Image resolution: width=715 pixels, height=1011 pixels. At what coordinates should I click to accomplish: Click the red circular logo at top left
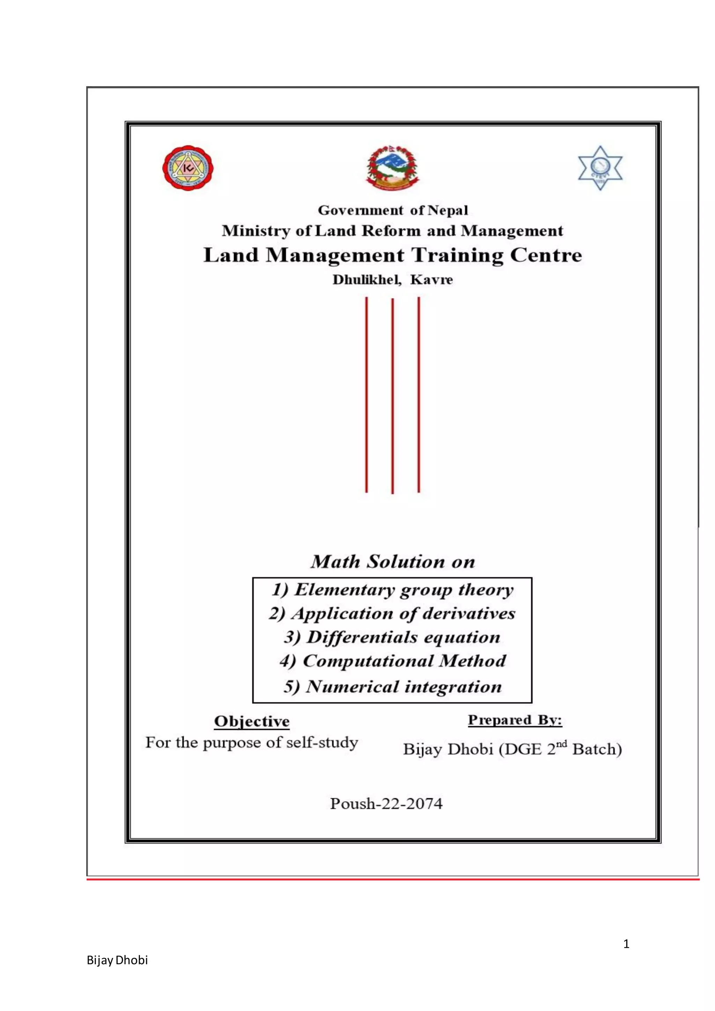coord(188,168)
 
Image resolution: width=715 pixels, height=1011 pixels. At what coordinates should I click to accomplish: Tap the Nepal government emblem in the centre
coord(393,167)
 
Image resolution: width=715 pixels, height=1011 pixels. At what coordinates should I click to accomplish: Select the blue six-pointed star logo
coord(600,168)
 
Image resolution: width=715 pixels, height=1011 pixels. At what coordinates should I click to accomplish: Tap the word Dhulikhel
coord(367,280)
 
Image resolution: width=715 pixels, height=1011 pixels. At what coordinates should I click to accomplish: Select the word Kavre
coord(432,280)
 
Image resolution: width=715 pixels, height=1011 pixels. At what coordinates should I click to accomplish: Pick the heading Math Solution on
coord(393,561)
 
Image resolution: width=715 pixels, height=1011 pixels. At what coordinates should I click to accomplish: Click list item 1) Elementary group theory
coord(393,590)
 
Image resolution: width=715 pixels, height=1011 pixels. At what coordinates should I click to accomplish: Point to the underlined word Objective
coord(252,721)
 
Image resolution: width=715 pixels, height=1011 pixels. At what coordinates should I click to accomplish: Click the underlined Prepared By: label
coord(515,720)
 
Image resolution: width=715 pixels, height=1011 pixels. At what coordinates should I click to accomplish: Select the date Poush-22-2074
coord(386,803)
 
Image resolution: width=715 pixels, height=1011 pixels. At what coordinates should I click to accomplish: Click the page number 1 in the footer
coord(626,944)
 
